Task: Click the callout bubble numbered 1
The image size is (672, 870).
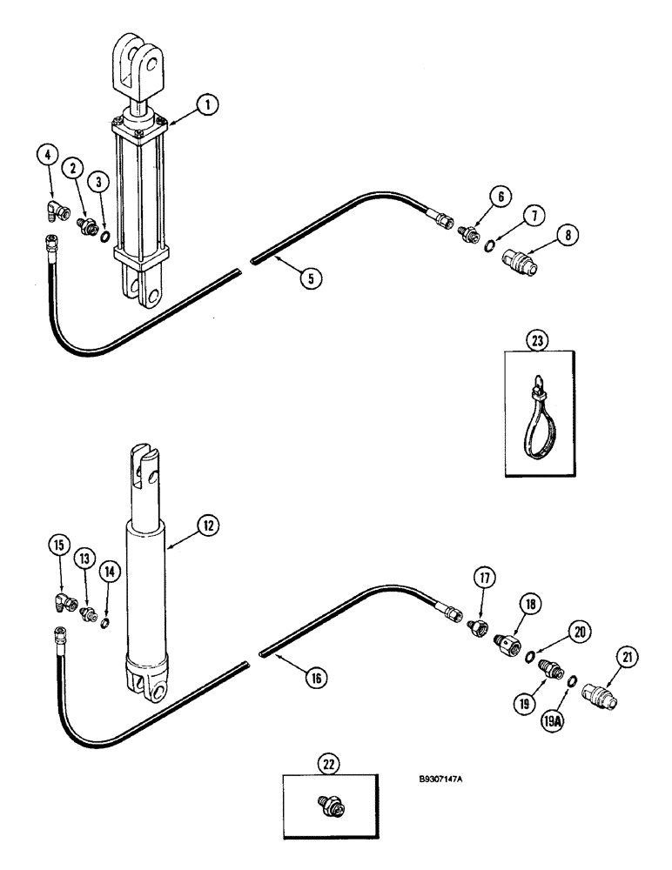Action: pos(206,106)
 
